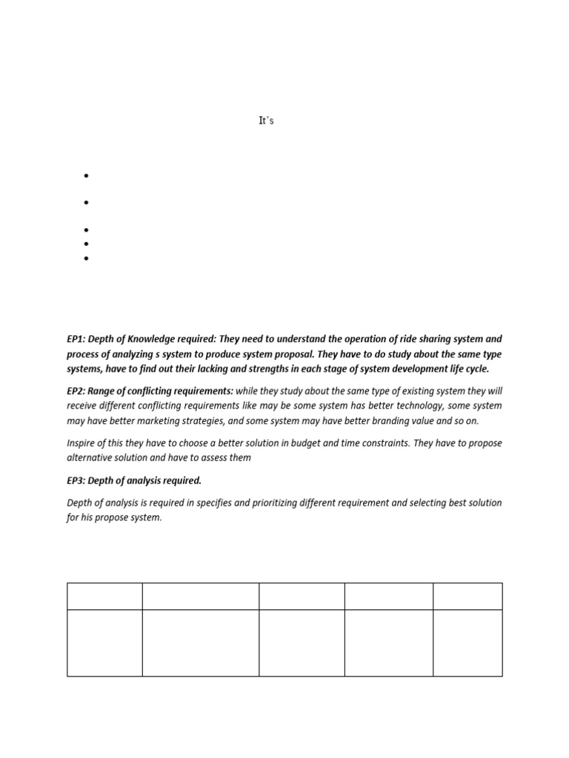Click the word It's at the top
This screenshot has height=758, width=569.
266,121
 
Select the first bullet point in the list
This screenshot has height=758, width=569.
87,176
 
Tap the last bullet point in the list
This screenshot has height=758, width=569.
87,258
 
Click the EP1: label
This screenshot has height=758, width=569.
76,339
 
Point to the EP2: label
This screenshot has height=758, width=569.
76,391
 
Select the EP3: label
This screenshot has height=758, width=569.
76,480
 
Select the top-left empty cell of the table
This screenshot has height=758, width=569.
104,596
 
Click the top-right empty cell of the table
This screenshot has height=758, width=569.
467,596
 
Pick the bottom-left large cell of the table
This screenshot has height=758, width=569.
104,643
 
